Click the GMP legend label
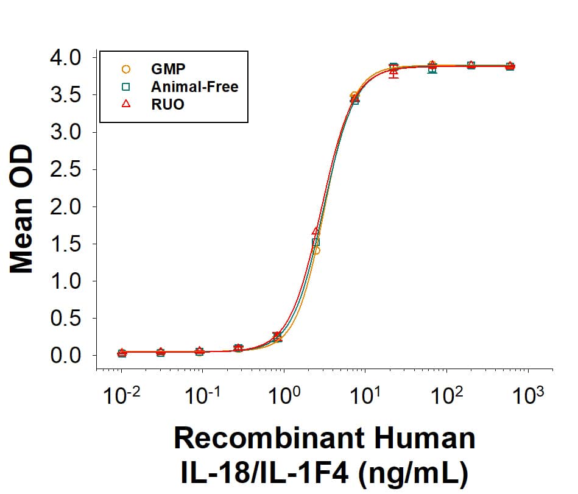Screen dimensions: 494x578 [x=168, y=69]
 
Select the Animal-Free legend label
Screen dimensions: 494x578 [x=194, y=86]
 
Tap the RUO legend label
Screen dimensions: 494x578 [x=167, y=104]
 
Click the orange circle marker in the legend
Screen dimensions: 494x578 [x=126, y=69]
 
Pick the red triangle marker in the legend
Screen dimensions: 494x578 [x=126, y=104]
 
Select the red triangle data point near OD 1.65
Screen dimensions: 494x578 [x=315, y=231]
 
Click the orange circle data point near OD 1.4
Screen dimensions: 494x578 [x=316, y=250]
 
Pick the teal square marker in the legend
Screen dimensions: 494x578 [x=126, y=86]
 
